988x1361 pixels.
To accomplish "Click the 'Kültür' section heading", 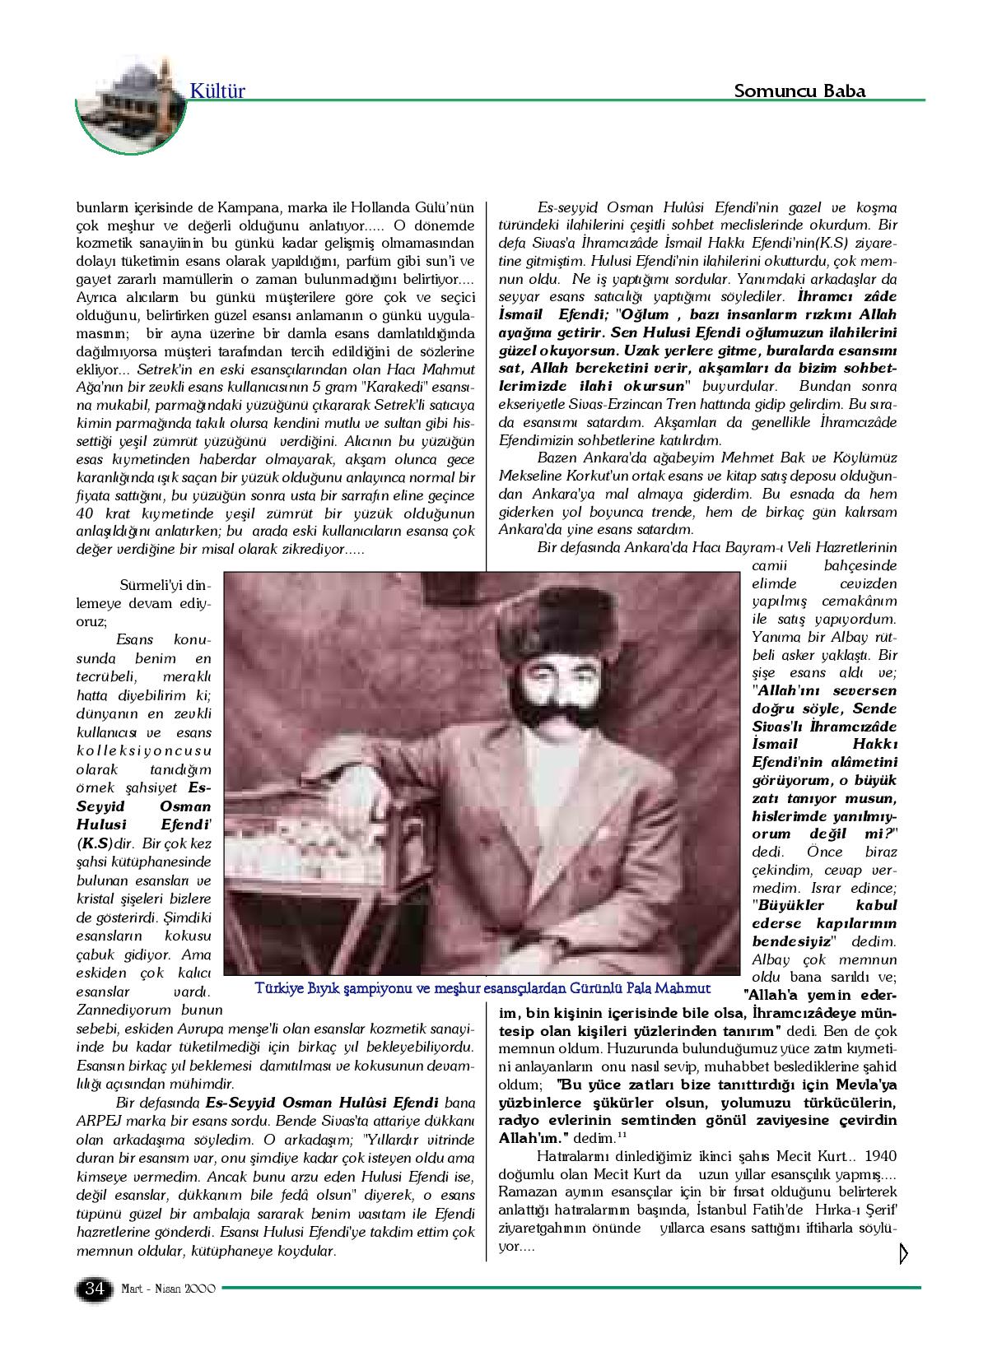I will [x=217, y=91].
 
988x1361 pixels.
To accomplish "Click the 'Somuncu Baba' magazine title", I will [x=799, y=91].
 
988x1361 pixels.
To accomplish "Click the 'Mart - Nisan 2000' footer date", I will [x=168, y=1289].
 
